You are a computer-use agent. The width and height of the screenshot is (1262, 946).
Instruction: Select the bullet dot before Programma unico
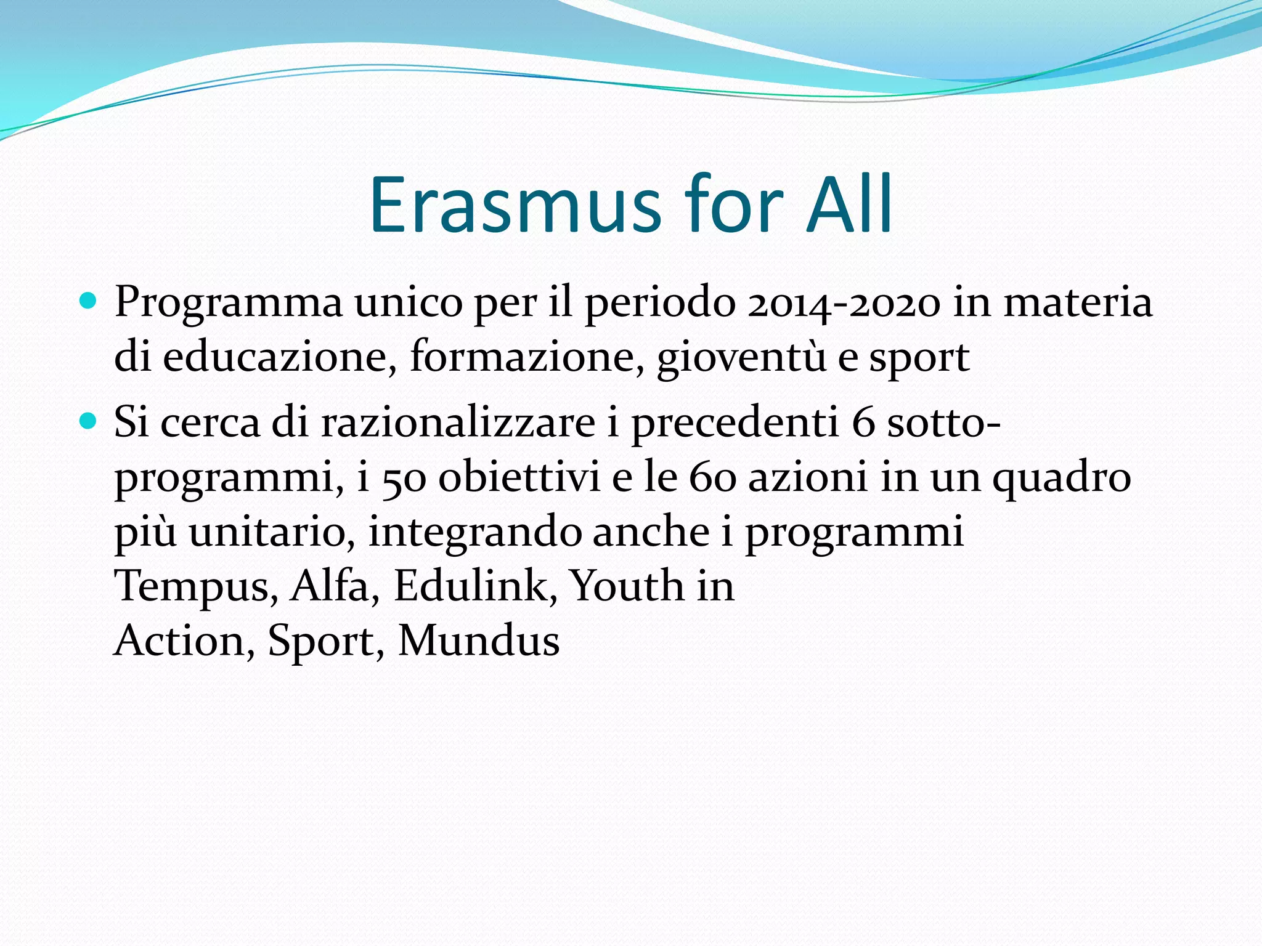[89, 301]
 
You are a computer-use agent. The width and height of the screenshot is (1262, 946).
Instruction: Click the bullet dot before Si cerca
[89, 421]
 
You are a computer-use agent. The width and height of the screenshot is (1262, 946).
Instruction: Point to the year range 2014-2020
[844, 303]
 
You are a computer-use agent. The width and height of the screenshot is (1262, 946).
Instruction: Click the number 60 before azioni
[712, 478]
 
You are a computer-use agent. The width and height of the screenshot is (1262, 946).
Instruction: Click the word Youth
[625, 585]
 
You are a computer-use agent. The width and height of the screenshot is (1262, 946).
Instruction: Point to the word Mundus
[479, 641]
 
